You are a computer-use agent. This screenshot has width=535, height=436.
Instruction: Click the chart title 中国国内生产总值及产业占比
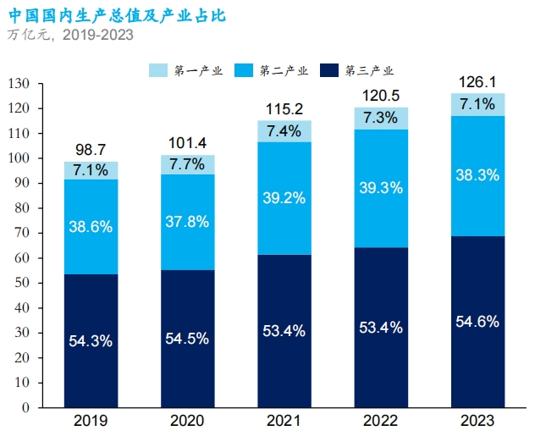(x=117, y=15)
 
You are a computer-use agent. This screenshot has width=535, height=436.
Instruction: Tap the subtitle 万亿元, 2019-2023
(x=70, y=35)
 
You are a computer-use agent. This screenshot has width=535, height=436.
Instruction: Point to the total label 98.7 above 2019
(x=91, y=150)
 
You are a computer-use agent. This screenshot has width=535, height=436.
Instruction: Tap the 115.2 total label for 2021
(x=284, y=109)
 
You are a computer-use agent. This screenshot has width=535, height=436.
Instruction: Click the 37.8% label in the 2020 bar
(x=187, y=223)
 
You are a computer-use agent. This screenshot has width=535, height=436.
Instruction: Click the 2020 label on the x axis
(x=187, y=422)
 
